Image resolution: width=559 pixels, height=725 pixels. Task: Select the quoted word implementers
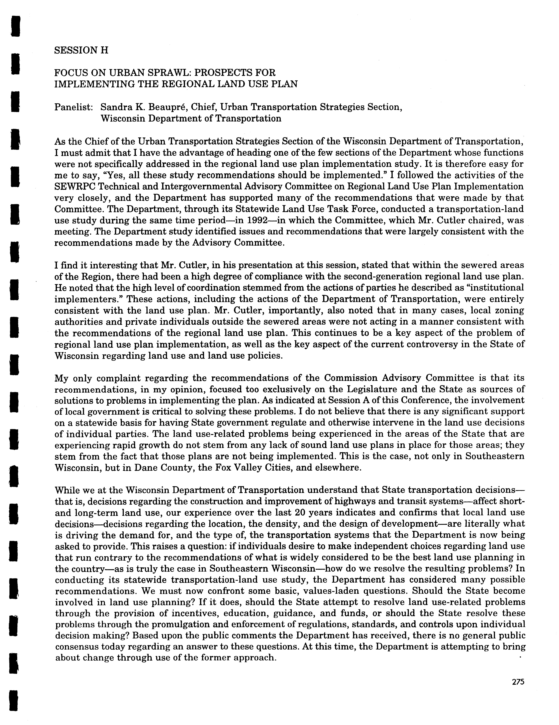pos(87,299)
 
